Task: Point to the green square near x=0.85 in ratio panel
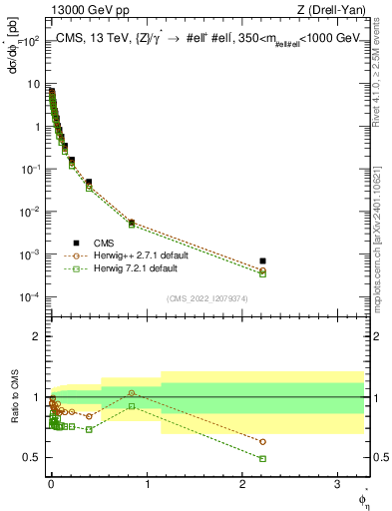click(132, 406)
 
